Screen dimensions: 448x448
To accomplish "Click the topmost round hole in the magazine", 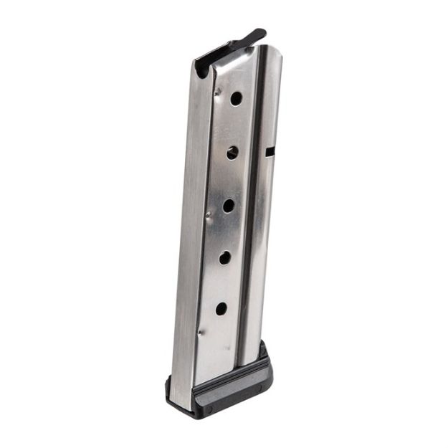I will point(236,99).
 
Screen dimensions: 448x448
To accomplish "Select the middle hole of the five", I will point(229,206).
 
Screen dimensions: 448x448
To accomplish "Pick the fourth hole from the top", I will point(225,257).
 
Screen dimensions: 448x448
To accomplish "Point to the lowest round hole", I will point(221,309).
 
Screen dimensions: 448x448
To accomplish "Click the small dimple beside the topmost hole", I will point(217,92).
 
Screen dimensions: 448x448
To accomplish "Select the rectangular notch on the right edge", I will point(270,152).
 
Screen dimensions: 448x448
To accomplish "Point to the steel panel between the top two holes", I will point(234,125).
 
